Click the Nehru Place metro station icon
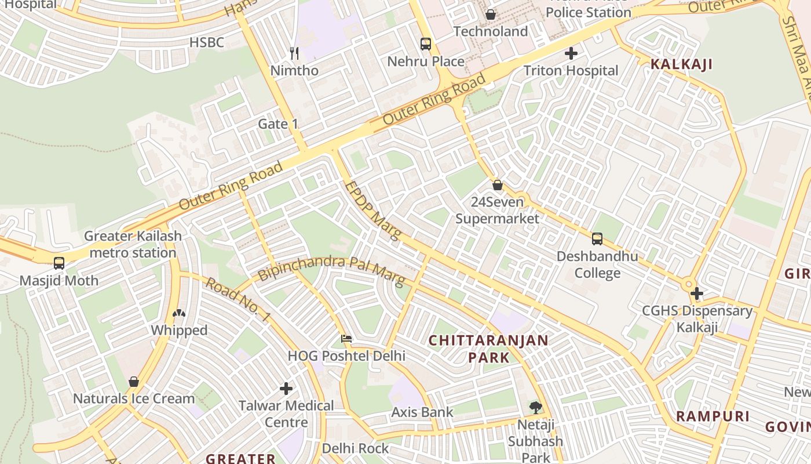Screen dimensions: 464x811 [426, 44]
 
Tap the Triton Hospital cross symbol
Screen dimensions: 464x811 [571, 54]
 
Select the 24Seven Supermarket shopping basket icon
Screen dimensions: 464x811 [497, 186]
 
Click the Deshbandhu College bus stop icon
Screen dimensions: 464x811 [597, 239]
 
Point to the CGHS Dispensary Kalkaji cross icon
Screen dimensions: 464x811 [696, 294]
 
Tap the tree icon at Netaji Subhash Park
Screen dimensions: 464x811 [535, 408]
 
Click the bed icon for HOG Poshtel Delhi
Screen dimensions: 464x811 [346, 339]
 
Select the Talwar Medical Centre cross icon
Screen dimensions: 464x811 [286, 389]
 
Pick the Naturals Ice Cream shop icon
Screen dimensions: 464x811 [134, 382]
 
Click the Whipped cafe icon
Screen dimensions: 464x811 [179, 314]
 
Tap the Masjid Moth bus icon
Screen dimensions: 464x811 [59, 263]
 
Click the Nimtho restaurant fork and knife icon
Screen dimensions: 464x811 [294, 53]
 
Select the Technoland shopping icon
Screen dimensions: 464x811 [491, 14]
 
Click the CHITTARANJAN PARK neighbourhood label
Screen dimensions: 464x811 [488, 349]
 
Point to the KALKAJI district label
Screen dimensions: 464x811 [681, 64]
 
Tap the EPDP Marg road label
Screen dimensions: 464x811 [372, 211]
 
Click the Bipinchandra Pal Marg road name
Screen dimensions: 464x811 [331, 270]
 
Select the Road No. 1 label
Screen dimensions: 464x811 [238, 299]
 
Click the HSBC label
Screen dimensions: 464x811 [207, 42]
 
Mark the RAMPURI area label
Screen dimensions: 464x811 [713, 416]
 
